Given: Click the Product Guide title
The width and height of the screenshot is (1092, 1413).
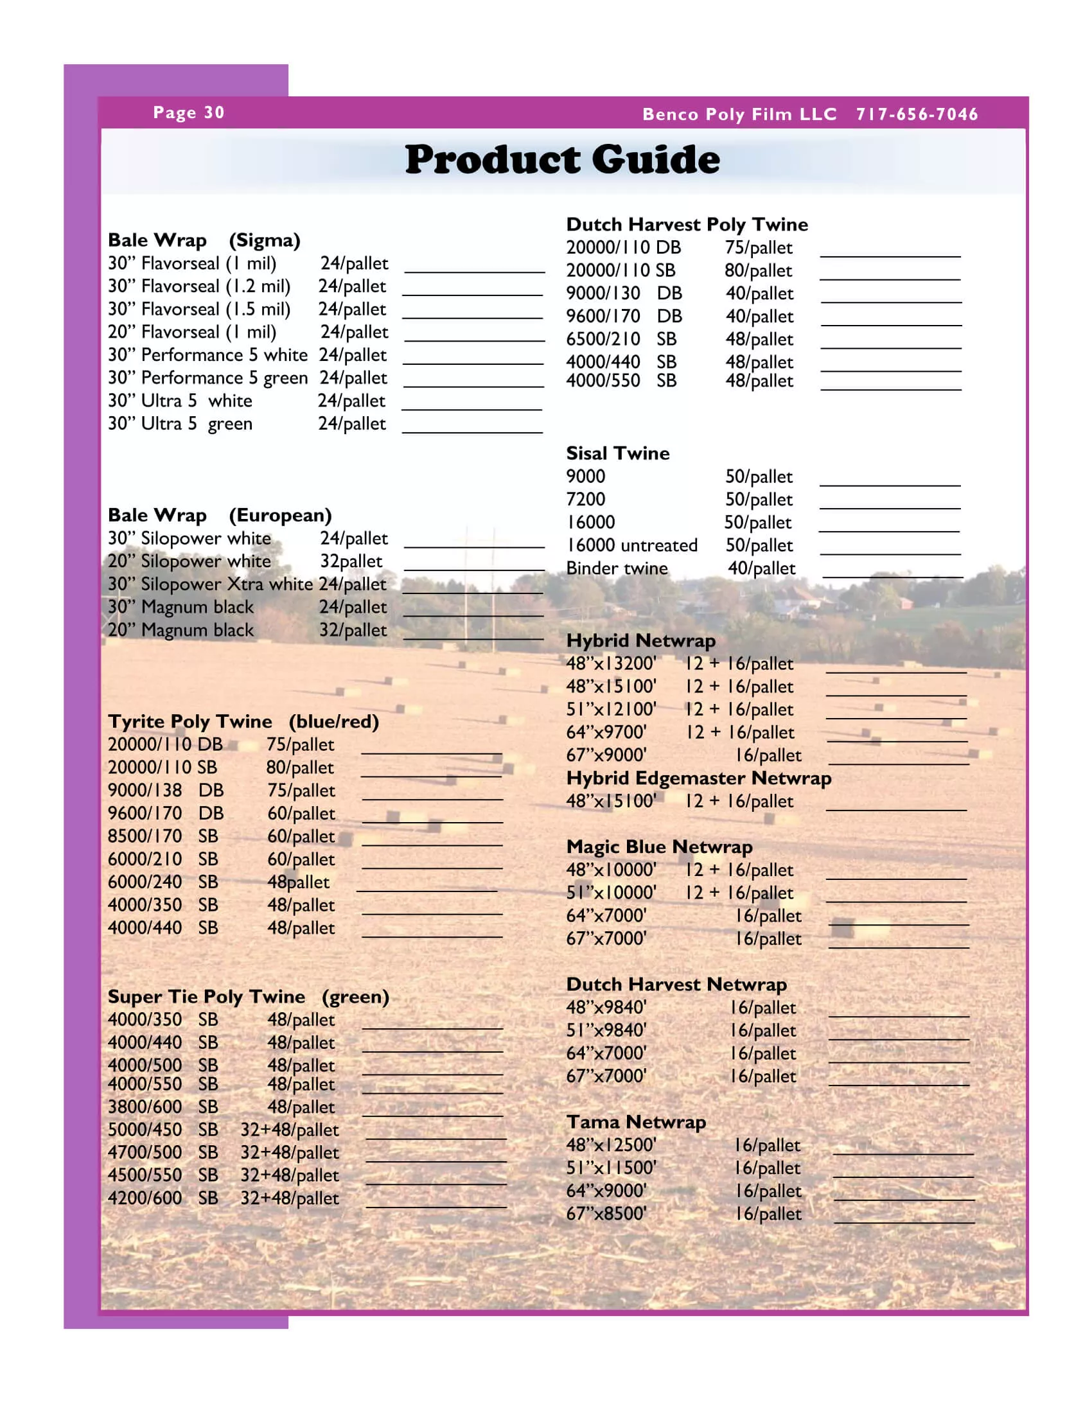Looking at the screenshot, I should (x=561, y=159).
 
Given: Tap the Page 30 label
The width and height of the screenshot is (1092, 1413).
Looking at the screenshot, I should (x=188, y=112).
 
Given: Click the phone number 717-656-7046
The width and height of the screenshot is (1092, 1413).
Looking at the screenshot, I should (x=917, y=114).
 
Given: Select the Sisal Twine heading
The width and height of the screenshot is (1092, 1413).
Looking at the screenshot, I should (x=618, y=453).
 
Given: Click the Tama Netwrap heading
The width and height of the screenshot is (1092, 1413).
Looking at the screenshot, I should (x=636, y=1121).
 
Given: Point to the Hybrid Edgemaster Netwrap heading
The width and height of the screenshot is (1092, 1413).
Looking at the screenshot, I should (x=699, y=778).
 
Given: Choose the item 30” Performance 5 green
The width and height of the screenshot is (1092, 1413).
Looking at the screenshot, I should (x=207, y=378).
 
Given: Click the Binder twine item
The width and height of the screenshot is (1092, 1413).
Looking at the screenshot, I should (x=617, y=568).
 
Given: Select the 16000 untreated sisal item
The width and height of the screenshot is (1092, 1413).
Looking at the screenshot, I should (x=632, y=545).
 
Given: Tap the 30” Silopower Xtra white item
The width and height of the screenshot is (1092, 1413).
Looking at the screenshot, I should (x=210, y=584).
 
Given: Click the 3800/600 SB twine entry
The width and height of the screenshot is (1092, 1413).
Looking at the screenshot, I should (x=163, y=1107).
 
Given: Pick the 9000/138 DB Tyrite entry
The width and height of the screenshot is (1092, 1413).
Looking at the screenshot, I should (x=166, y=790).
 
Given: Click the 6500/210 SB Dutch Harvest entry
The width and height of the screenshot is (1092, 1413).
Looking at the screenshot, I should (x=621, y=339).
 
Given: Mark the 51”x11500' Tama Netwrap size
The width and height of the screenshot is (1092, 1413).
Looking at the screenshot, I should (x=612, y=1167).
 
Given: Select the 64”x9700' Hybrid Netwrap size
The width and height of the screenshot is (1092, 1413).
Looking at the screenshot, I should (x=606, y=732).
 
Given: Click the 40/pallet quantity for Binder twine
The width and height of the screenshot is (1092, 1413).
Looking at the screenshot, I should (x=761, y=568).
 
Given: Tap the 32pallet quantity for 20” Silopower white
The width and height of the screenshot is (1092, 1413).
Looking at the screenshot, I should (x=351, y=561).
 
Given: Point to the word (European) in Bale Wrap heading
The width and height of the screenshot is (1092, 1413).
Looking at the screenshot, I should (x=280, y=515).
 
